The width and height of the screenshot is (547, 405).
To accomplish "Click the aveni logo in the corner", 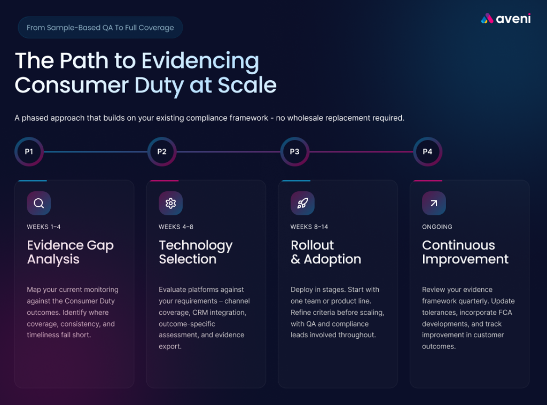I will (x=506, y=19).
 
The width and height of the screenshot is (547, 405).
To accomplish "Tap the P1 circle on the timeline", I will (x=29, y=152).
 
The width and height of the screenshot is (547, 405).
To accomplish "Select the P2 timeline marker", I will (x=162, y=152).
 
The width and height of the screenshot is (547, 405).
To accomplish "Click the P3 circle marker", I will (x=294, y=152).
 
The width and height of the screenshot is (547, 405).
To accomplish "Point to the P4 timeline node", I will (x=427, y=152).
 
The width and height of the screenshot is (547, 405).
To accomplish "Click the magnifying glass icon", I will (x=39, y=203).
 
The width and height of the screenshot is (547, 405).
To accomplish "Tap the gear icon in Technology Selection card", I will (x=171, y=203).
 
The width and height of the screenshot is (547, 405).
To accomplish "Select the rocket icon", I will (x=302, y=203).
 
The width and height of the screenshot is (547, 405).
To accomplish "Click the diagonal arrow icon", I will (x=434, y=203).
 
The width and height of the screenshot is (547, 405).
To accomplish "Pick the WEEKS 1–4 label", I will (x=44, y=227).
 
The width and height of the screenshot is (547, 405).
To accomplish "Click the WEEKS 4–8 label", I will (x=176, y=227).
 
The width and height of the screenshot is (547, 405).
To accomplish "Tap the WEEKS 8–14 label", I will (x=309, y=227).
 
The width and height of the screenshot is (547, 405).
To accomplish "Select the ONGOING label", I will (x=437, y=227).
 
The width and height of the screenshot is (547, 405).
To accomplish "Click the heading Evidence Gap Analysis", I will (x=70, y=252).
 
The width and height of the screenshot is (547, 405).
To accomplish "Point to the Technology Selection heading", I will (x=196, y=252).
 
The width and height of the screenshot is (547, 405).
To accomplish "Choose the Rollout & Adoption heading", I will (x=326, y=252).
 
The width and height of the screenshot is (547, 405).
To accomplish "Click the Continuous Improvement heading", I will (x=465, y=252).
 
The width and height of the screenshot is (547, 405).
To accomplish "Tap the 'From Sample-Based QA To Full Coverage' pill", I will (x=100, y=28).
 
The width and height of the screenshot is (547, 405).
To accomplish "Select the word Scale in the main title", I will (x=251, y=85).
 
